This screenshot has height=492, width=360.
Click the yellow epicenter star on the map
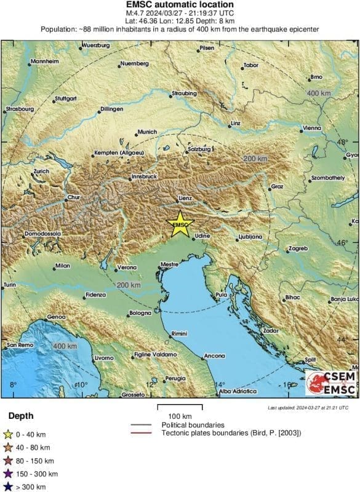click(x=179, y=223)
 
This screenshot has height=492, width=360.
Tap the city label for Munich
click(x=148, y=132)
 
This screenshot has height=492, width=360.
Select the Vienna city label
click(x=313, y=128)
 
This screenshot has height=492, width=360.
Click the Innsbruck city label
click(x=145, y=177)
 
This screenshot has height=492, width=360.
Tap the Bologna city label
click(x=140, y=314)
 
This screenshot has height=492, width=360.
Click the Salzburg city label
click(x=199, y=149)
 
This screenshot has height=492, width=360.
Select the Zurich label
click(x=41, y=171)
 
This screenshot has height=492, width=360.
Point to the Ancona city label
click(x=214, y=356)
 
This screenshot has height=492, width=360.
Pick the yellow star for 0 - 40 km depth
click(x=8, y=436)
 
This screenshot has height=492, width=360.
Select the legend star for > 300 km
click(x=8, y=486)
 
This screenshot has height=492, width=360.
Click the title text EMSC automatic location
click(x=179, y=4)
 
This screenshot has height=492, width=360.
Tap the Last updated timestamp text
click(x=308, y=407)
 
